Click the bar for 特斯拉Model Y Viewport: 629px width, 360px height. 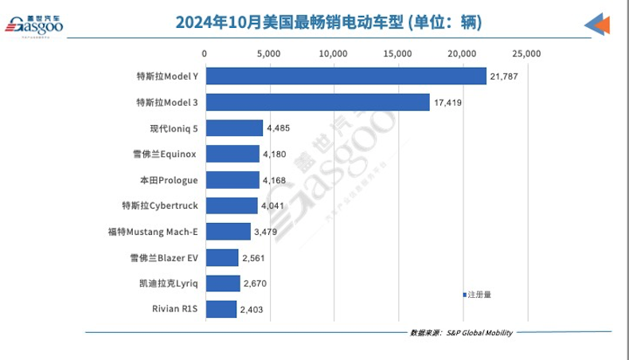click(x=346, y=76)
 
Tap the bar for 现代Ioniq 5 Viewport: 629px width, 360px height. click(x=234, y=127)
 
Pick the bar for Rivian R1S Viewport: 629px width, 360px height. click(x=221, y=309)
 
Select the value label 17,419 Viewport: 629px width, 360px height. click(x=448, y=103)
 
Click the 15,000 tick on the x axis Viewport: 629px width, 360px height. click(x=397, y=53)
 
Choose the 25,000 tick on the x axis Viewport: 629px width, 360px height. click(x=526, y=53)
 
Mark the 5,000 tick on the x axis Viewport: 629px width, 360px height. click(x=269, y=53)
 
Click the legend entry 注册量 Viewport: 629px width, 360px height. click(x=479, y=294)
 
